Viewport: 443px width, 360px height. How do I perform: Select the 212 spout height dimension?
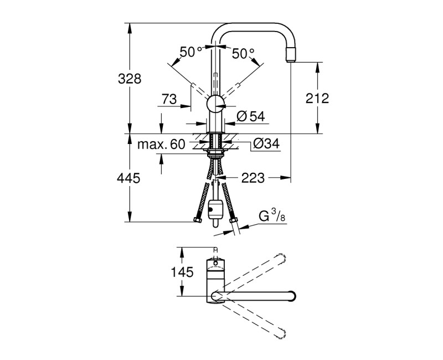(x=317, y=99)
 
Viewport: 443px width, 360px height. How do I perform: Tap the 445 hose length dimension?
(x=129, y=178)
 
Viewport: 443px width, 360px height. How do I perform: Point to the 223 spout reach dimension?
(x=253, y=178)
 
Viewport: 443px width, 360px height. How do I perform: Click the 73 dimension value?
(x=169, y=99)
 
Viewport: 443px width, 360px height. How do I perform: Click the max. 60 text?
(x=161, y=145)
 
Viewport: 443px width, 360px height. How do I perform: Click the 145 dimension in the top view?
(x=182, y=272)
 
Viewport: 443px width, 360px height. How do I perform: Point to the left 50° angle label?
(x=190, y=53)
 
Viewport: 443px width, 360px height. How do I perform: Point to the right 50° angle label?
(x=243, y=53)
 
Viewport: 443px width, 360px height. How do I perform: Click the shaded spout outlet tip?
(x=291, y=54)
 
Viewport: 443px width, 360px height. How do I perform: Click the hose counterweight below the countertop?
(x=215, y=209)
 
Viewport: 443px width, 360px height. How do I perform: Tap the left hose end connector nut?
(x=198, y=221)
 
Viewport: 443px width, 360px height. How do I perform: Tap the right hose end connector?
(x=233, y=222)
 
